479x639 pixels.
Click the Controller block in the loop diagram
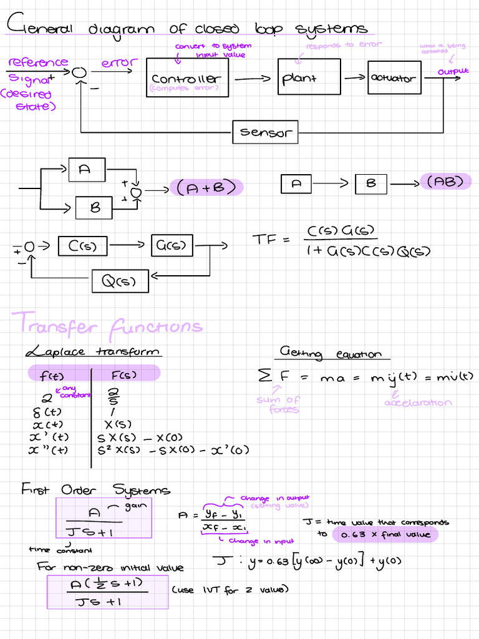pos(187,78)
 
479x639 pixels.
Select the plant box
pos(309,77)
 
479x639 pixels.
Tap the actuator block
pos(394,79)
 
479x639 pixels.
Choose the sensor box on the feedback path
pos(265,132)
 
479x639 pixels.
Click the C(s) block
pos(82,246)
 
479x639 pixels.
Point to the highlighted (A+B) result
pos(206,188)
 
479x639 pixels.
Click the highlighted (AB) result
pos(446,182)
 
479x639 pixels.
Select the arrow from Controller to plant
pos(253,79)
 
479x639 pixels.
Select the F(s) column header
pos(124,374)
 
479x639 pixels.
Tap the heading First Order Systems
pos(95,489)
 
